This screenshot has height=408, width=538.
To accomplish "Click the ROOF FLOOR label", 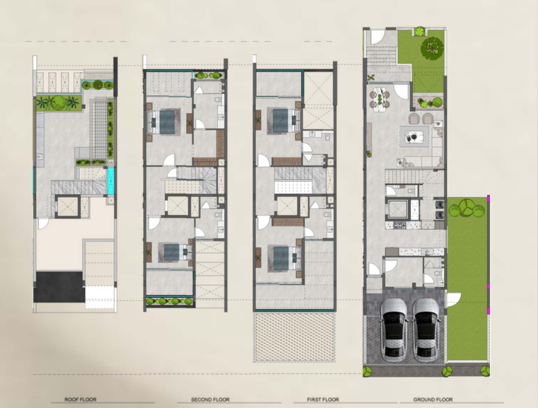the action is [80, 399].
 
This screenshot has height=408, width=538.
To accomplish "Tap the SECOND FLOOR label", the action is [211, 399].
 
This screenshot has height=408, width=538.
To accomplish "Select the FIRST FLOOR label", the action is [323, 399].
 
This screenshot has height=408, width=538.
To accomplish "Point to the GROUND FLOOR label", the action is [433, 399].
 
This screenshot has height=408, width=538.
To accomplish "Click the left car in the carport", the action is [394, 329].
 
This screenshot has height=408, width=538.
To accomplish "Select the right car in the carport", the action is [426, 329].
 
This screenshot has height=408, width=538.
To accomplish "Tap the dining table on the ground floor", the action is [380, 98].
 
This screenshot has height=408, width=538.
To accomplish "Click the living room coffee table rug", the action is [414, 136].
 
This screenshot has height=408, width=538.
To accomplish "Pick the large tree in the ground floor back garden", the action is [432, 47].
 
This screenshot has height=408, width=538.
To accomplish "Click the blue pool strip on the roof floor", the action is [111, 181].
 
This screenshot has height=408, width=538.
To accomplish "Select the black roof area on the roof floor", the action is [60, 287].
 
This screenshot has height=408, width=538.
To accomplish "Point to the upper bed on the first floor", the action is [284, 120].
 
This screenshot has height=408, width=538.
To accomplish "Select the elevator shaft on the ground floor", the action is [397, 209].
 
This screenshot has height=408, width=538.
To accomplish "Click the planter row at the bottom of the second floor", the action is [170, 301].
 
